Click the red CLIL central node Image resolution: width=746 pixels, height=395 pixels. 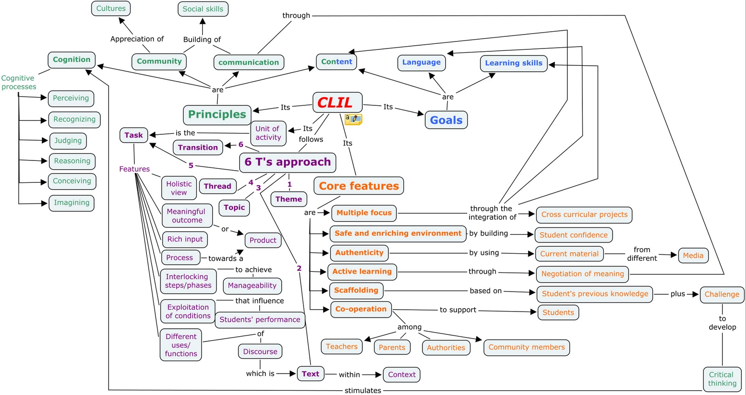point(337,102)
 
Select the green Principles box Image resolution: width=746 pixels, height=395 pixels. point(217,115)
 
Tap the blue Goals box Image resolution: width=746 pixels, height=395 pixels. point(446,120)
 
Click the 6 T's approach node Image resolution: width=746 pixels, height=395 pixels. point(287,162)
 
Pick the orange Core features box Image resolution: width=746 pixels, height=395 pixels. point(359,186)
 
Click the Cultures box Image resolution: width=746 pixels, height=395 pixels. point(111,8)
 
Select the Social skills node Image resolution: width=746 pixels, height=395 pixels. point(203,9)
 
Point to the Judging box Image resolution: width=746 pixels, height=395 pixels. point(68,141)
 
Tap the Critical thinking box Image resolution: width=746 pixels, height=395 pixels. point(722,379)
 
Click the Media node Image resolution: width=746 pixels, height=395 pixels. point(693,256)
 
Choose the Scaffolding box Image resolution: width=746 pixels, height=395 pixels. point(356,291)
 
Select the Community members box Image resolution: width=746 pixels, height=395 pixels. point(526,347)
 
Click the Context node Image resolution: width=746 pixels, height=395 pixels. point(401,374)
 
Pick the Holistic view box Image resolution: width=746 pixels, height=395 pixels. point(179,188)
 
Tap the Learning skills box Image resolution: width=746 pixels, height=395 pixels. point(513,63)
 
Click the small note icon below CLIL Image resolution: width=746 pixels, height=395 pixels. point(353,119)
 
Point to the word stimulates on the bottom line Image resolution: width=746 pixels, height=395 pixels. point(363,390)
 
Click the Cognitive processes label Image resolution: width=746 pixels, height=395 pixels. point(19,83)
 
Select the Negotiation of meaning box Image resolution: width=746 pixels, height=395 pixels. point(582,274)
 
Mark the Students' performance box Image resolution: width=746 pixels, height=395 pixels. point(260,320)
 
